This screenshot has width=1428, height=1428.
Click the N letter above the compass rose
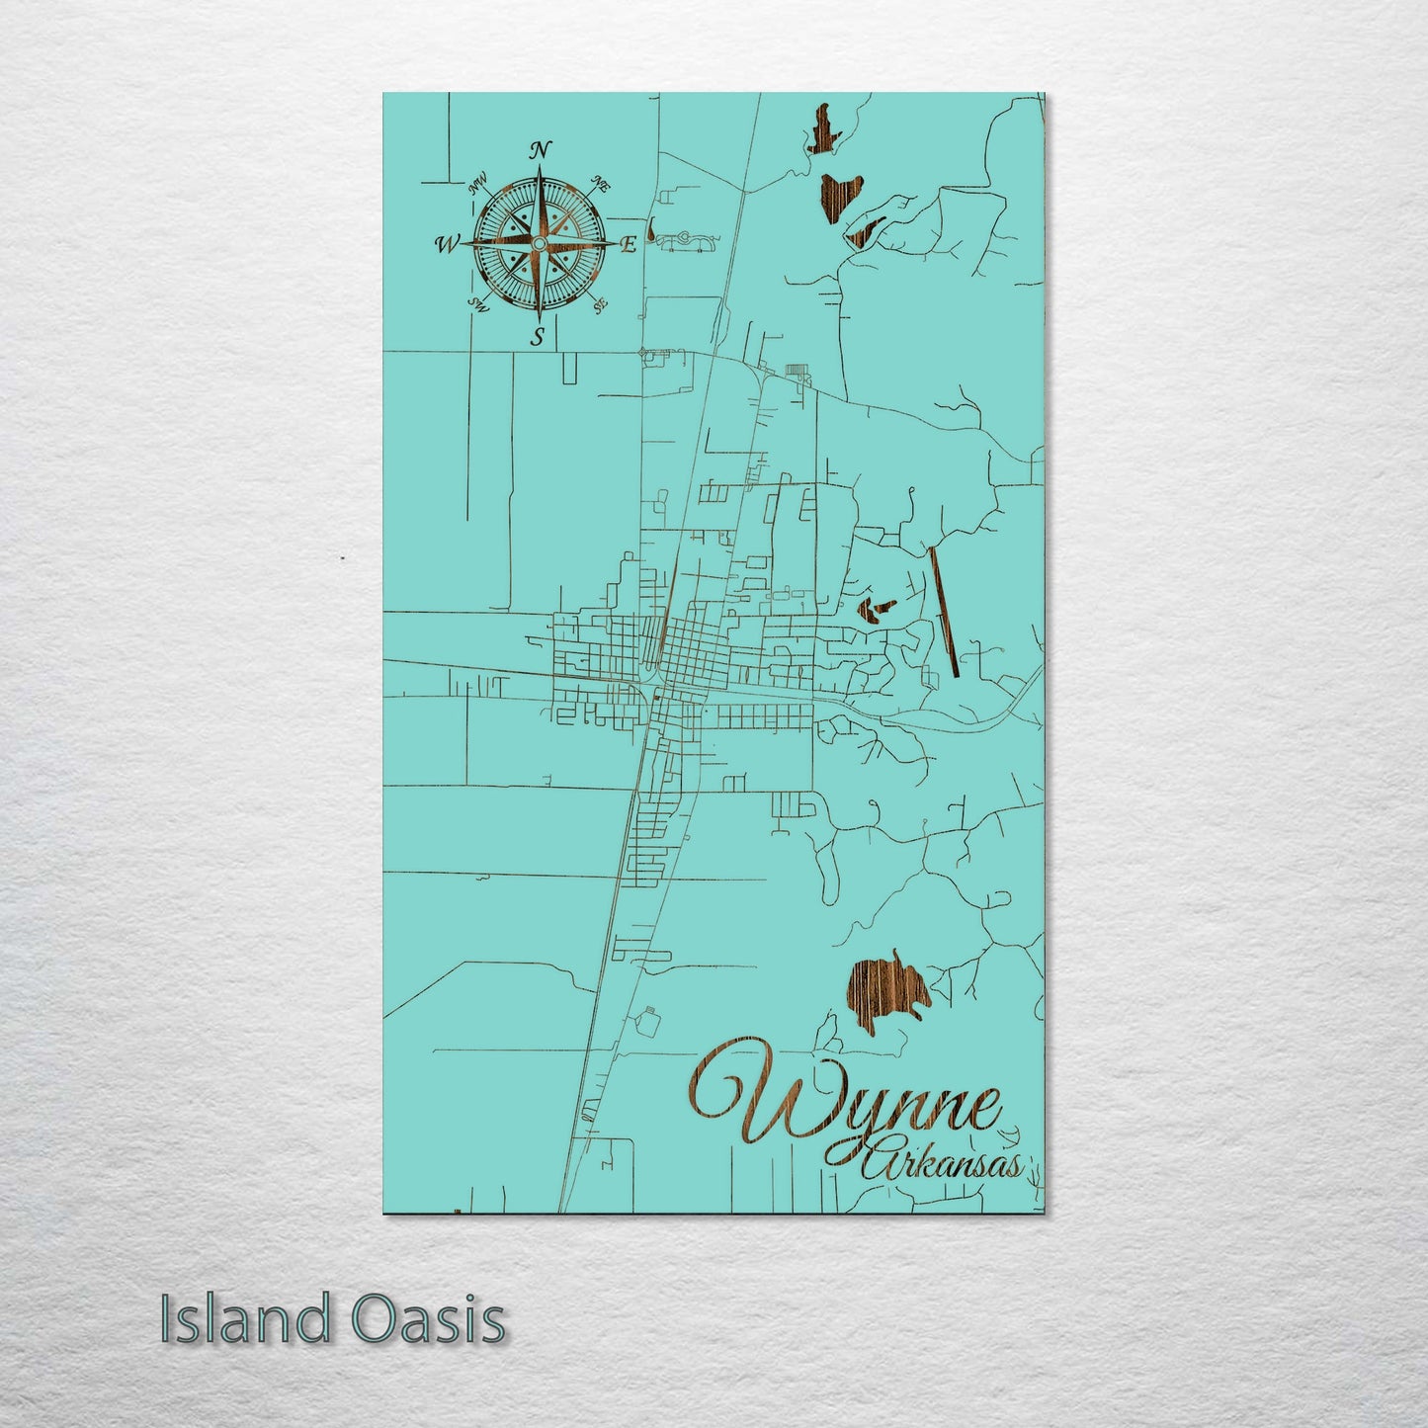click(540, 150)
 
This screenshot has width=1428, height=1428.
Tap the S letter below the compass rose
click(538, 337)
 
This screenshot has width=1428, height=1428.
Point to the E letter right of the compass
click(628, 246)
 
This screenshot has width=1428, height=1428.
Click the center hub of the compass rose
click(539, 243)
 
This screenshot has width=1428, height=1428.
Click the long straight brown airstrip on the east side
click(945, 613)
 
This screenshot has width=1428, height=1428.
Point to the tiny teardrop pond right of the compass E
click(652, 232)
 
